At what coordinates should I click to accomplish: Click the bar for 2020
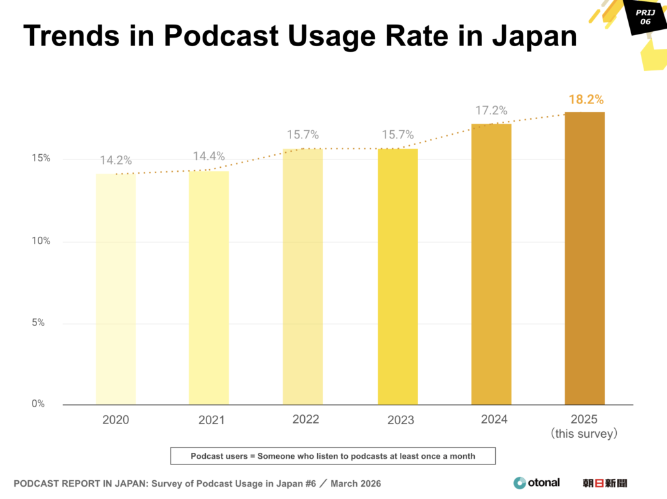tap(115, 289)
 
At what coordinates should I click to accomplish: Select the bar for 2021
tap(208, 288)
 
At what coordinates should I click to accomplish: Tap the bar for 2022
tap(302, 276)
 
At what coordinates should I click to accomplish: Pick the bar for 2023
tap(397, 276)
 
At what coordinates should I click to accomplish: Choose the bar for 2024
tap(491, 264)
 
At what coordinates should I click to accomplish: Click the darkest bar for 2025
tap(584, 258)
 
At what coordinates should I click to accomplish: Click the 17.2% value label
tap(491, 111)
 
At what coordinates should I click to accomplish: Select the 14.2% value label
tap(116, 161)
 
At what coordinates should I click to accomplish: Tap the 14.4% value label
tap(208, 156)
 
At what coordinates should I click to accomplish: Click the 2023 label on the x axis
tap(400, 420)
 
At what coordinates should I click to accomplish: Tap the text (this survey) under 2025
tap(584, 433)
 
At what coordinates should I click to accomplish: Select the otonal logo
tap(536, 483)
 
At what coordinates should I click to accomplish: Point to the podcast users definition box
tap(333, 456)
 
